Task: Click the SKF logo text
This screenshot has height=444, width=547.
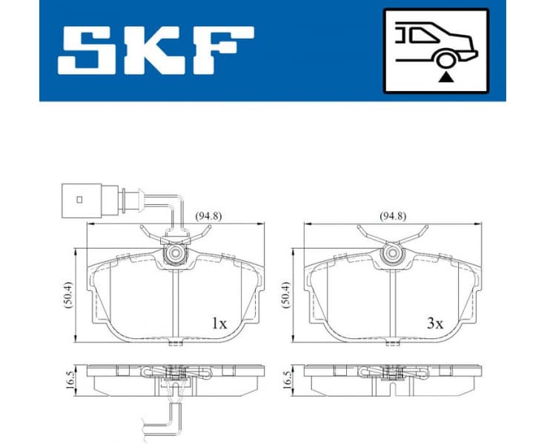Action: pos(156,50)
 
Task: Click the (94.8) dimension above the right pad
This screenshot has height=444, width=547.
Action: pos(394,217)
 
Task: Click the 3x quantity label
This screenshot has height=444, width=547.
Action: pos(434,323)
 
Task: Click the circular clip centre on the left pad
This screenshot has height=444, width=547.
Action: pos(175,255)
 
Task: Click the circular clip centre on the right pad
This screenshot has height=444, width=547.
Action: pos(391,255)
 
